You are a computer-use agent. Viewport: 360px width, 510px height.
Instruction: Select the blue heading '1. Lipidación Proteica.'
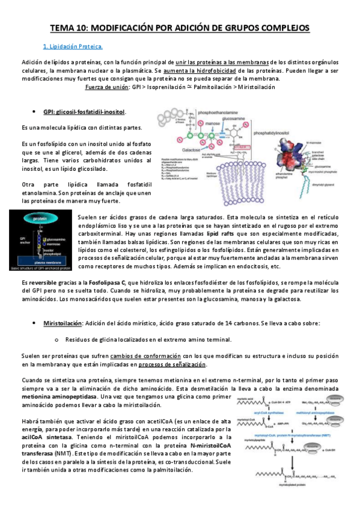tap(73, 46)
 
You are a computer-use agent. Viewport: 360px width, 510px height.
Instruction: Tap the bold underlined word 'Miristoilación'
tap(62, 323)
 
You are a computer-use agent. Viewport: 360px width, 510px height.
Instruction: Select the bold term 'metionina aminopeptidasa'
tap(58, 397)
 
